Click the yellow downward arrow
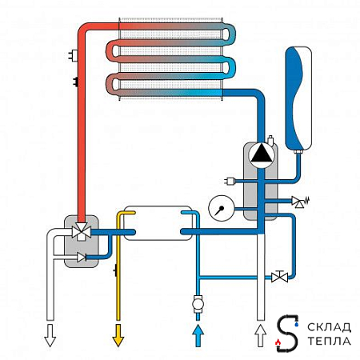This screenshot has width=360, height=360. [x=118, y=335]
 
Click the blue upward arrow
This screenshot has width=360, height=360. [x=198, y=335]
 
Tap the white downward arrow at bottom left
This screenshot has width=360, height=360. [x=50, y=335]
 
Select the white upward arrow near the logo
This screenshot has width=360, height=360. [x=261, y=335]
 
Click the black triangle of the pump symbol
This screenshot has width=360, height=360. [x=262, y=154]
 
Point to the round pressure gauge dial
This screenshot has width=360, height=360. [x=221, y=208]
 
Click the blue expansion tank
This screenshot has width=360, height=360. [x=298, y=98]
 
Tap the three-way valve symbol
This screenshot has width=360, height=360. [x=82, y=232]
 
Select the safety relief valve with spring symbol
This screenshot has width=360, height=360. [x=300, y=202]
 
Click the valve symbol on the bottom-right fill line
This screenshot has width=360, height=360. [x=279, y=277]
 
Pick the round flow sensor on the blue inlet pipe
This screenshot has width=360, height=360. [x=198, y=304]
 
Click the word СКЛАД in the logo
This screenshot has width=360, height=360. [x=329, y=327]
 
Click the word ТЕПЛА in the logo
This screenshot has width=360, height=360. [x=329, y=341]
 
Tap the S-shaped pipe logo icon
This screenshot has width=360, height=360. [x=287, y=334]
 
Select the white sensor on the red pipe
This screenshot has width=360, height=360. [x=73, y=55]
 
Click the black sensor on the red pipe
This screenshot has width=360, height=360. [x=75, y=82]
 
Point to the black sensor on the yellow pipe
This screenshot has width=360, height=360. [x=115, y=270]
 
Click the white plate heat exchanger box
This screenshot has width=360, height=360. [x=158, y=223]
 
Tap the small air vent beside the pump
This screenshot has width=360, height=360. [x=271, y=141]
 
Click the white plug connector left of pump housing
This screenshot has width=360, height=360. [x=230, y=182]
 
